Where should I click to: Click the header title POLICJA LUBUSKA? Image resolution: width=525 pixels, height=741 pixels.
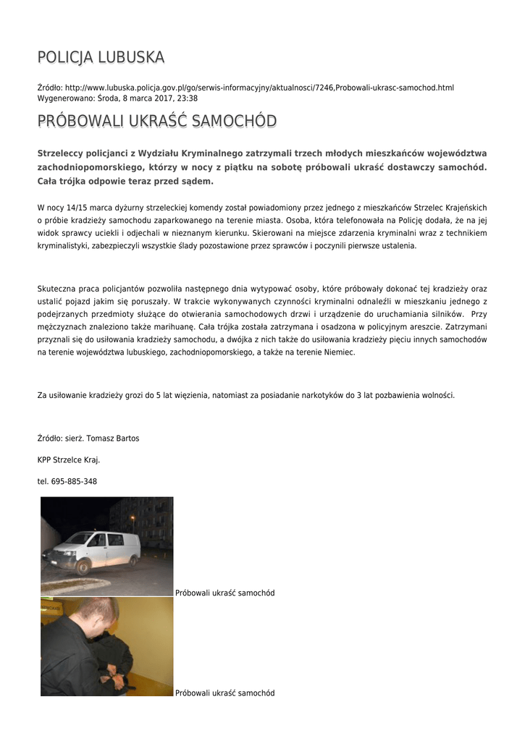coord(101,57)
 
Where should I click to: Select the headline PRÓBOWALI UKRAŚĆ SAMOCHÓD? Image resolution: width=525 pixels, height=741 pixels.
coord(156,121)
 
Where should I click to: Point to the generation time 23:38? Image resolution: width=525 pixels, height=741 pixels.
coord(188,98)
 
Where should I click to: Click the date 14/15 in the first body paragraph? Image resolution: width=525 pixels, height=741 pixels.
coord(75,207)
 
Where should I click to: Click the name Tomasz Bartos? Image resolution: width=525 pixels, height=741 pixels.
coord(113,439)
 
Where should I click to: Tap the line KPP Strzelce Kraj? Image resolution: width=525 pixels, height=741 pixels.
coord(69,460)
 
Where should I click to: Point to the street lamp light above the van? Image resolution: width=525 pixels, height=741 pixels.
coord(132,518)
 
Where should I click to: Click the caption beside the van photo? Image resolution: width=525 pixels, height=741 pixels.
coord(225,593)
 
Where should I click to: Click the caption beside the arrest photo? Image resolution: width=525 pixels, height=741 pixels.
coord(225,693)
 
